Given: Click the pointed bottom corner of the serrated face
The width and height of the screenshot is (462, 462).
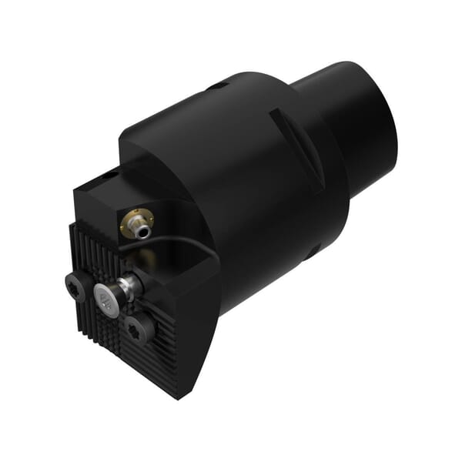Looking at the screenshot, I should tap(178, 396).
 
